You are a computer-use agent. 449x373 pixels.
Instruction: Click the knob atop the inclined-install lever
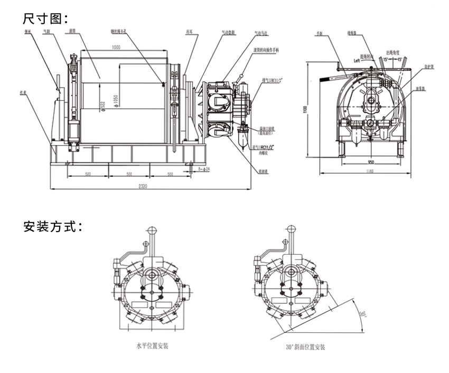[x=290, y=230]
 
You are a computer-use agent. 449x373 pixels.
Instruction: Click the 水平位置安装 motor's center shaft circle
[x=153, y=275]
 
